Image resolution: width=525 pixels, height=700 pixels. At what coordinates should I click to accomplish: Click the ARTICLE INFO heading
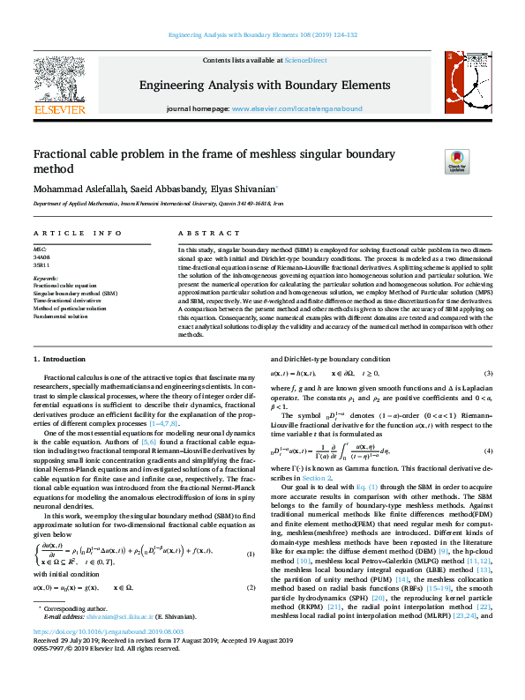(x=78, y=234)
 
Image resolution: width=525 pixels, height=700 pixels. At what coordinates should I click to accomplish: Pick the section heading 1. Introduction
(x=60, y=360)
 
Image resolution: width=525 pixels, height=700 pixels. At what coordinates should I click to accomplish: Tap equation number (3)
(x=488, y=374)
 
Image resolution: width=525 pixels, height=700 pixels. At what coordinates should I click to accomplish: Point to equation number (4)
(x=488, y=451)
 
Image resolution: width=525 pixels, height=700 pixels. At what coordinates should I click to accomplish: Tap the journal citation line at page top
(x=262, y=35)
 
